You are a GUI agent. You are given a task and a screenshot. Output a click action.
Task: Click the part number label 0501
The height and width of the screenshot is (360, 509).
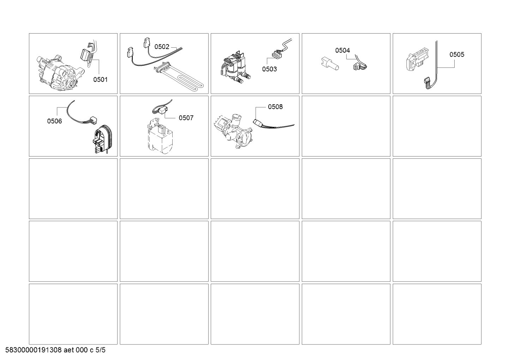(100, 79)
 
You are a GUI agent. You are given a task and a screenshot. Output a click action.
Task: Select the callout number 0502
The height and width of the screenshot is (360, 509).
(162, 47)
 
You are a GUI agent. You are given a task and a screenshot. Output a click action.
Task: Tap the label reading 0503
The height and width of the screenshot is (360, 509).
(269, 69)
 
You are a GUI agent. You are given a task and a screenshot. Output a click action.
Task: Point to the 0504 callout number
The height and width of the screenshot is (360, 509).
(342, 50)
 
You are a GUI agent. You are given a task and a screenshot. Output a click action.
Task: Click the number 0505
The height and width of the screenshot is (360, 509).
(457, 54)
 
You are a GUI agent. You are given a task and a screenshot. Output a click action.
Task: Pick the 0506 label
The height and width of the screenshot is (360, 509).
(54, 121)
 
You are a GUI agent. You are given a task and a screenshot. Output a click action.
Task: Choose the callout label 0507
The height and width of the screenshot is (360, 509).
(186, 118)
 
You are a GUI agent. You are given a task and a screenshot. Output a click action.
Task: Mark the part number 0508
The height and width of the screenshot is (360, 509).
(275, 107)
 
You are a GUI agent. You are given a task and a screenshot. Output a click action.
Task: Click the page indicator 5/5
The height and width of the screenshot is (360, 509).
(101, 350)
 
